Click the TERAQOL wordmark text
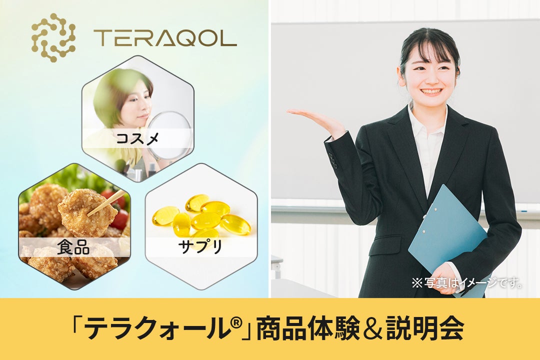point(164,38)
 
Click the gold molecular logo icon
point(53,37)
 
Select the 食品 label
point(73,247)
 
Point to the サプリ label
point(200,247)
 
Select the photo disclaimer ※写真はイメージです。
point(467,283)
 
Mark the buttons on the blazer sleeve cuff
point(332,160)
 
